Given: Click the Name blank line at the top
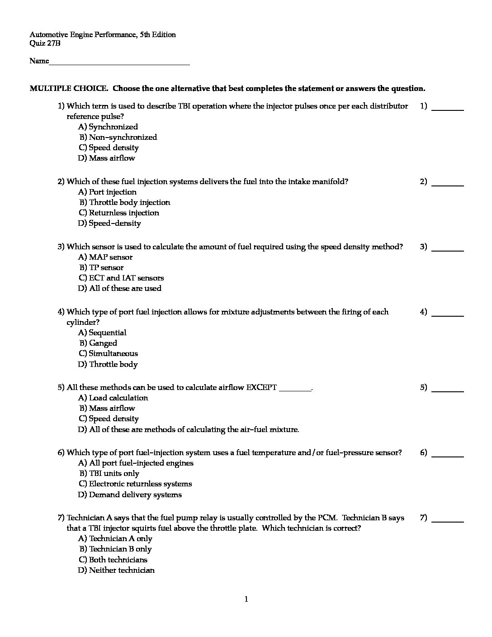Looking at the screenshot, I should (119, 64).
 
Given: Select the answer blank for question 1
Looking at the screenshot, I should (448, 109).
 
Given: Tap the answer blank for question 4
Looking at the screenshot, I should (448, 315).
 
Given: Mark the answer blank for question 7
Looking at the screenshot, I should (448, 521).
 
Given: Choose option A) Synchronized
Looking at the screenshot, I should (108, 127).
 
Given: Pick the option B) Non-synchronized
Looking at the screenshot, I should (118, 138).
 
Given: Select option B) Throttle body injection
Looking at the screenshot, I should (125, 203).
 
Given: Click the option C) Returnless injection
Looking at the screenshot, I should (119, 213).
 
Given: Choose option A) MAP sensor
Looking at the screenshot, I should (105, 257).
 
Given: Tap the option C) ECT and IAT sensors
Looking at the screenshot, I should (121, 278).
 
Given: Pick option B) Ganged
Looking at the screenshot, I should (99, 343).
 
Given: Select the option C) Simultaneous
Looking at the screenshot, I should (108, 354).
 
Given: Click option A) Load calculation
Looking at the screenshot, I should (113, 398).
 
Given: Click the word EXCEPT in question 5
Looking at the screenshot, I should (261, 388).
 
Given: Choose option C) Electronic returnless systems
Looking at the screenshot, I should (135, 484).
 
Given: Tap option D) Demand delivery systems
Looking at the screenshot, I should (130, 495).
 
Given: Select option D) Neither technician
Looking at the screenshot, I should (116, 570).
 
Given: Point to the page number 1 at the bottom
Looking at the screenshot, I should (246, 600).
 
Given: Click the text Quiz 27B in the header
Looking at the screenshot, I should (45, 44).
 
